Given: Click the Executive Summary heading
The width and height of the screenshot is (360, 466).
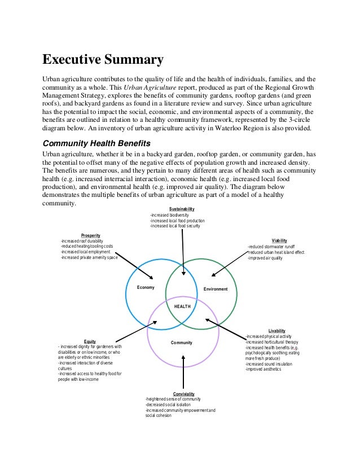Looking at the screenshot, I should [x=103, y=60].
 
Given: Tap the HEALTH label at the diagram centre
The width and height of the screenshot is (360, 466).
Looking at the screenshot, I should [x=182, y=306].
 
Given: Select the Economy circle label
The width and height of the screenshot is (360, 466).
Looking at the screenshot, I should [x=146, y=288].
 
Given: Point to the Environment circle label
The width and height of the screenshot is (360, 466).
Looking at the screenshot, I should [x=216, y=289].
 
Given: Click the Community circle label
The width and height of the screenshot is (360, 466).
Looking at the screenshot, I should [x=182, y=342].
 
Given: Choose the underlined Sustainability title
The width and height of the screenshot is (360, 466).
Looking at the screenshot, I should [x=182, y=209].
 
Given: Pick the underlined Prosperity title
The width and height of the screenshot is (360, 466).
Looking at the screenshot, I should [x=90, y=235].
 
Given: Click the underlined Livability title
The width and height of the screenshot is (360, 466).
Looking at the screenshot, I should [x=276, y=331].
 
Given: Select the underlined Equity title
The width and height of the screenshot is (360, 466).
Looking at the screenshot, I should [x=90, y=341].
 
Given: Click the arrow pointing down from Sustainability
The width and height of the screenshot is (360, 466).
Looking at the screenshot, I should [x=182, y=254].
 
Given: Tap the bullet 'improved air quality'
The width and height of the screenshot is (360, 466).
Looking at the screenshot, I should [x=265, y=258].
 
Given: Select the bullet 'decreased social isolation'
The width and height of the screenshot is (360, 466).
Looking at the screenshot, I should [x=168, y=405].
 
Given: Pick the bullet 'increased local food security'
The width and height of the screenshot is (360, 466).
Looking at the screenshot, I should [x=175, y=226].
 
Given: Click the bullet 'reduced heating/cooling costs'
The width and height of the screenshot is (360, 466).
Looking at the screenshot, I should [x=87, y=247].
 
